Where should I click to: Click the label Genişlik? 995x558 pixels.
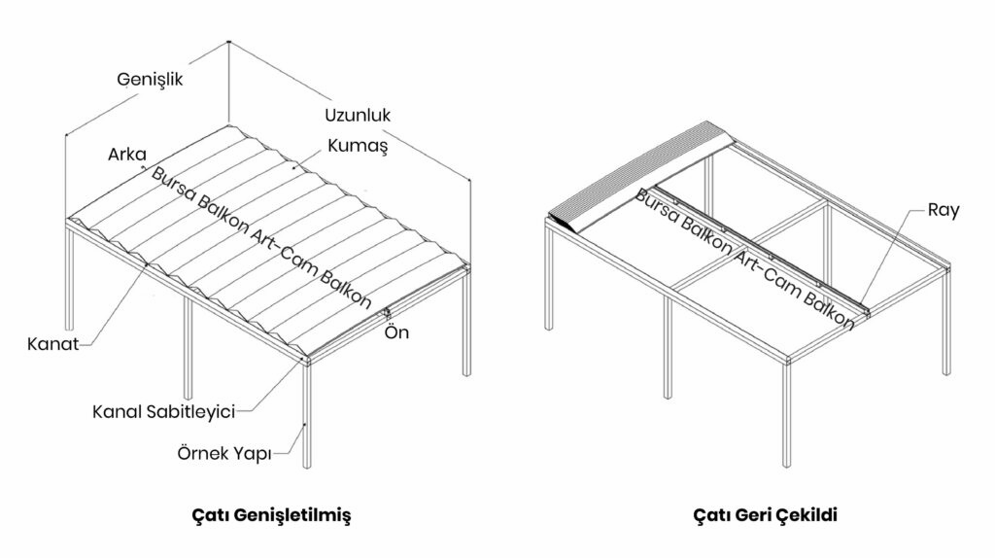[x=150, y=79]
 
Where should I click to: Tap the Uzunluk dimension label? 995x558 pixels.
[x=358, y=115]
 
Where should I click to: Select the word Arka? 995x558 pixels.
[x=126, y=154]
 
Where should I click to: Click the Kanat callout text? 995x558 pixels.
[x=53, y=343]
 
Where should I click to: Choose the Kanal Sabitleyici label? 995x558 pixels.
[x=164, y=411]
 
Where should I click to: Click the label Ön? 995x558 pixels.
[x=397, y=332]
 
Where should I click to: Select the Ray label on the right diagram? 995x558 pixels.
[x=943, y=210]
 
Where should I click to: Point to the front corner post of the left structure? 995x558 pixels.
[x=307, y=418]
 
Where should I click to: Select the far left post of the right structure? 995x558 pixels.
[x=551, y=282]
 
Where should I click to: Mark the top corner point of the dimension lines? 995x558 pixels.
[x=228, y=42]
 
